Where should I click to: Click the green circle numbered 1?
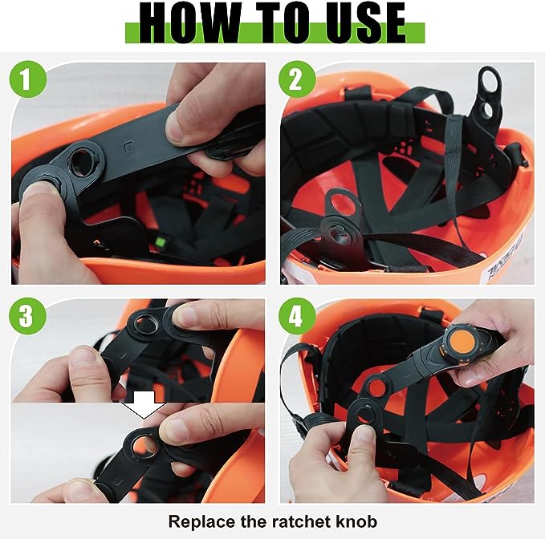click(27, 79)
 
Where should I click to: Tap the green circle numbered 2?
click(297, 79)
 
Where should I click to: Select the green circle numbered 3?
click(27, 316)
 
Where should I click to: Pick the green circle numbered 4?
click(297, 316)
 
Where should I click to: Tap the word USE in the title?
click(360, 22)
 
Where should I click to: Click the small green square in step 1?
click(161, 241)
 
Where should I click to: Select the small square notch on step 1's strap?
click(128, 148)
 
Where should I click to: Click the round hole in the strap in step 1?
click(83, 161)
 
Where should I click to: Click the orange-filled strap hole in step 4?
click(377, 388)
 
